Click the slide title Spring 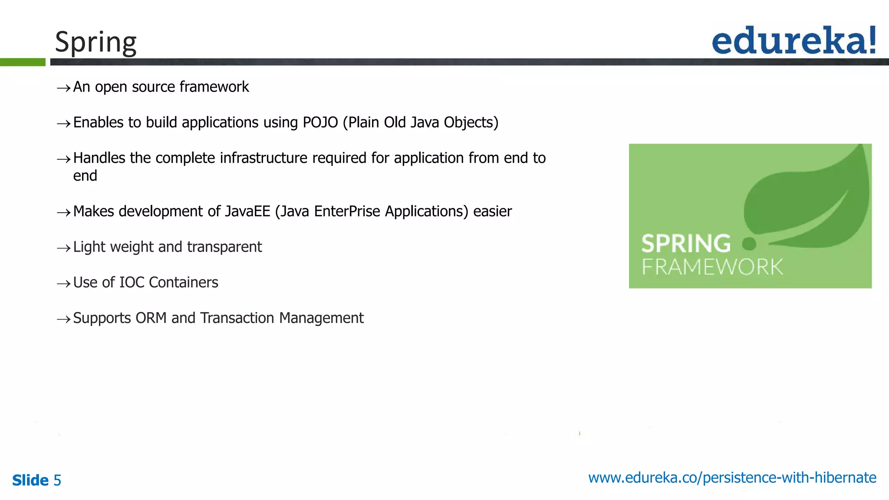[95, 43]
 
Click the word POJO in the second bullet [320, 123]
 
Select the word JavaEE [247, 211]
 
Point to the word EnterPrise [347, 211]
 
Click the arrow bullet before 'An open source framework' [63, 88]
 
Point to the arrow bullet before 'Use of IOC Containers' [63, 284]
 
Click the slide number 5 [57, 480]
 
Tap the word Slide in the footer [30, 480]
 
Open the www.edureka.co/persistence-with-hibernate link [732, 478]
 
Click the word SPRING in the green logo [686, 243]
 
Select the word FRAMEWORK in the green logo [712, 267]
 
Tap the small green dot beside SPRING [749, 244]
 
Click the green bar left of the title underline [23, 62]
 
